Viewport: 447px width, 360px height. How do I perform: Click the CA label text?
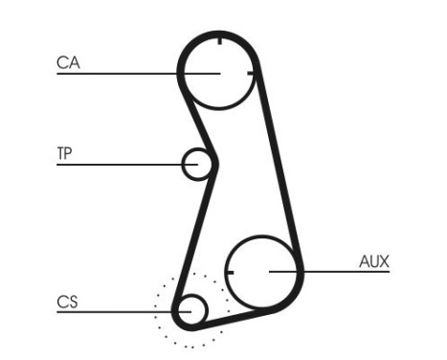pos(68,63)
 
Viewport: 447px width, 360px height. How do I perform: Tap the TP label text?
pos(65,152)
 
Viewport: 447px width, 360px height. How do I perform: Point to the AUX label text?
pos(373,261)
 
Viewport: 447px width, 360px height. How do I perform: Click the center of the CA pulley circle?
pos(218,72)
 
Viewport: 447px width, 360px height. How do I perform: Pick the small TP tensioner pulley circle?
pos(197,164)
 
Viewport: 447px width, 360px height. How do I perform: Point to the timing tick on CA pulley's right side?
pos(252,73)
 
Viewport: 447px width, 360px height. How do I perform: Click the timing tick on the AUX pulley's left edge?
pos(230,272)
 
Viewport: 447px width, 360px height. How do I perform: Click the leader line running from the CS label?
pos(115,311)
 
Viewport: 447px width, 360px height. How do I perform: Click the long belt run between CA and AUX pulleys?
pos(278,163)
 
